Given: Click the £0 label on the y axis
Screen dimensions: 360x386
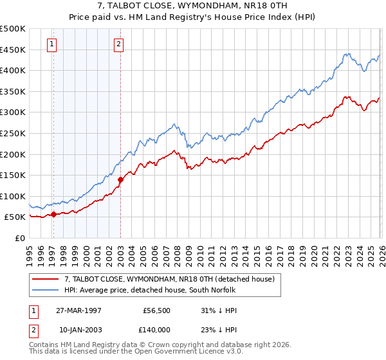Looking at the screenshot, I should (20, 238).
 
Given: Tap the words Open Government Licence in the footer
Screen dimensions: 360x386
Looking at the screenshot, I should (175, 352).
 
